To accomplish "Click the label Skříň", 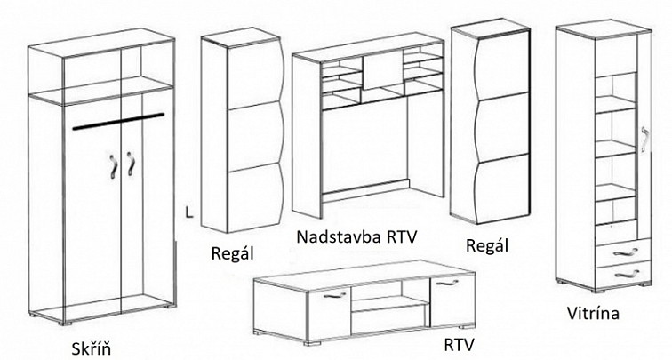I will coord(96,346).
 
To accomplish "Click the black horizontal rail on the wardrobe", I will coord(119,124).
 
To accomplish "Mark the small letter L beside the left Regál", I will coord(188,212).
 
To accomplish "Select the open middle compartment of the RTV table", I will coord(388,304).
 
